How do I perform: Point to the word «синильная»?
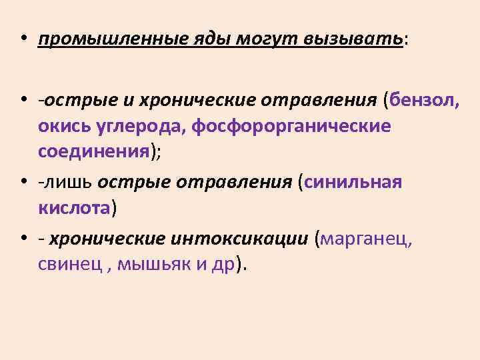point(353,181)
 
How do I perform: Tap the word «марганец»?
point(365,237)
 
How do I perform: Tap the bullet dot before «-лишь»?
point(23,181)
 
